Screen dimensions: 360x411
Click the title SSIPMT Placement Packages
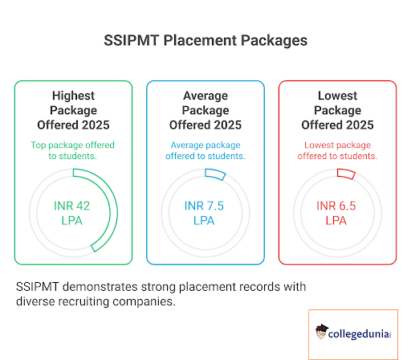[205, 39]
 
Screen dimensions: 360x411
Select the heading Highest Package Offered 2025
[73, 110]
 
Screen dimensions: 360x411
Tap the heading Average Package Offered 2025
[205, 110]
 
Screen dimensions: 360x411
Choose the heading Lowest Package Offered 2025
[336, 110]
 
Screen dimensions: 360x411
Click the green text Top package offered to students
[73, 150]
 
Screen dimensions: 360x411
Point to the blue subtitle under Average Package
[205, 150]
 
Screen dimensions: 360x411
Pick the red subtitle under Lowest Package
[336, 150]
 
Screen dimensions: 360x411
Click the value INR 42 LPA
[73, 213]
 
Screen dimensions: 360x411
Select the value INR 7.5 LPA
[205, 213]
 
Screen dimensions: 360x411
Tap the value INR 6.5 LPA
[336, 213]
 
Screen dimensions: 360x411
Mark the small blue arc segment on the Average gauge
[216, 175]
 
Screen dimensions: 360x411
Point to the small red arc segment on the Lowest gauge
[346, 174]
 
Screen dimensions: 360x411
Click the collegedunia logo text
[361, 330]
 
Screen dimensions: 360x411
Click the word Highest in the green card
[73, 96]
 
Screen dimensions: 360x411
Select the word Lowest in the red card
[336, 96]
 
